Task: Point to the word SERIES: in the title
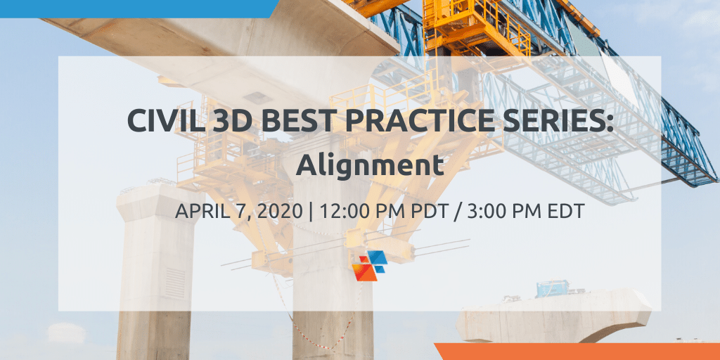coord(558,120)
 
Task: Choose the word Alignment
coord(370,166)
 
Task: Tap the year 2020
coord(281,211)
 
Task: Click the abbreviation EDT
coord(567,211)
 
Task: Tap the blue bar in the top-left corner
coord(138,8)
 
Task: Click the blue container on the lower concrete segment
coord(553,288)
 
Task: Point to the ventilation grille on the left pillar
coord(175,283)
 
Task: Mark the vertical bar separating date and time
coord(311,212)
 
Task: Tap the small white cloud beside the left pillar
coord(67,333)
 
